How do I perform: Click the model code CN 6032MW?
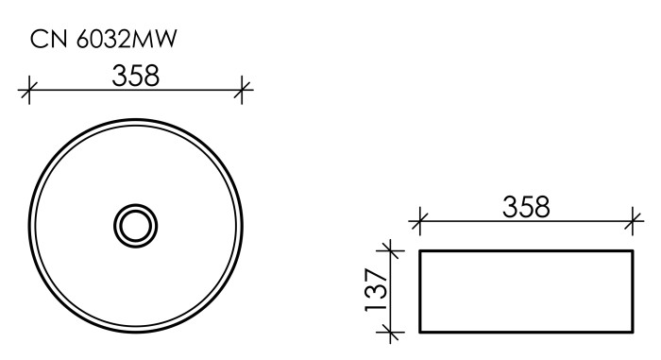tap(105, 39)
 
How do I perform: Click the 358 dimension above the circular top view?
tap(136, 76)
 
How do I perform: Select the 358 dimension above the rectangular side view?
tap(527, 207)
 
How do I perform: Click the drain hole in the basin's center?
tap(136, 225)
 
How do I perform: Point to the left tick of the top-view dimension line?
tap(28, 92)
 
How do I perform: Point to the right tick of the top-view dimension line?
tap(244, 92)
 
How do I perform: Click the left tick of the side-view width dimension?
tap(419, 224)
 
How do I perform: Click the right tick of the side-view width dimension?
tap(634, 224)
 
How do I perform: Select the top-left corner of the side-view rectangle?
tap(419, 250)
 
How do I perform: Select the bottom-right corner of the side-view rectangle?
tap(633, 332)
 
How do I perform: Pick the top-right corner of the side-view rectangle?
tap(633, 250)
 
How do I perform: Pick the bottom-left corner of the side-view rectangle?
tap(419, 332)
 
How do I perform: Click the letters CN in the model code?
tap(45, 39)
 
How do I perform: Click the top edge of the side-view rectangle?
tap(526, 250)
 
